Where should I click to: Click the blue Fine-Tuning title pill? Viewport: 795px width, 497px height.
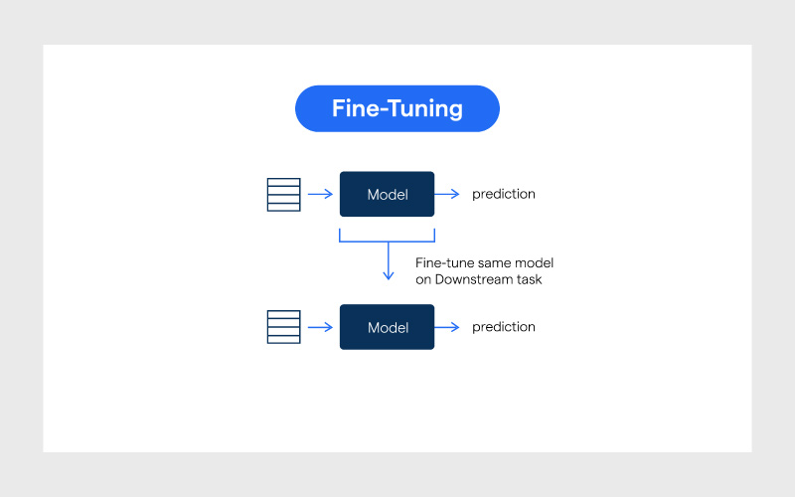tap(397, 108)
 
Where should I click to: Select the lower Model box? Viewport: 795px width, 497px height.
tap(387, 327)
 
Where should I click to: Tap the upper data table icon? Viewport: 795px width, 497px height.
tap(283, 194)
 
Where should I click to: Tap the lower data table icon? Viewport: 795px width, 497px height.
tap(283, 327)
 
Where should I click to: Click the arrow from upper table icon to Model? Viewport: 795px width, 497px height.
tap(320, 194)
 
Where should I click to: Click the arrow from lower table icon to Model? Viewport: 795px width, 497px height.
tap(320, 327)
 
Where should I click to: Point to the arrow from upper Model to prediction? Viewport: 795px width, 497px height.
tap(447, 194)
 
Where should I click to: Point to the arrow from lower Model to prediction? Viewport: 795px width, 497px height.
tap(447, 327)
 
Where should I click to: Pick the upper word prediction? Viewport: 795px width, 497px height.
tap(503, 194)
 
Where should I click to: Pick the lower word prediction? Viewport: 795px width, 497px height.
tap(503, 327)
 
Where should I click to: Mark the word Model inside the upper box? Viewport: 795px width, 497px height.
tap(388, 195)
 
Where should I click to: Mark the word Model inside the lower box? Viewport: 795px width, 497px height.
tap(388, 328)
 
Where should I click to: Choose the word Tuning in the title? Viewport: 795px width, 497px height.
tap(424, 108)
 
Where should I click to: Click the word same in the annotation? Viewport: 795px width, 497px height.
tap(492, 263)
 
